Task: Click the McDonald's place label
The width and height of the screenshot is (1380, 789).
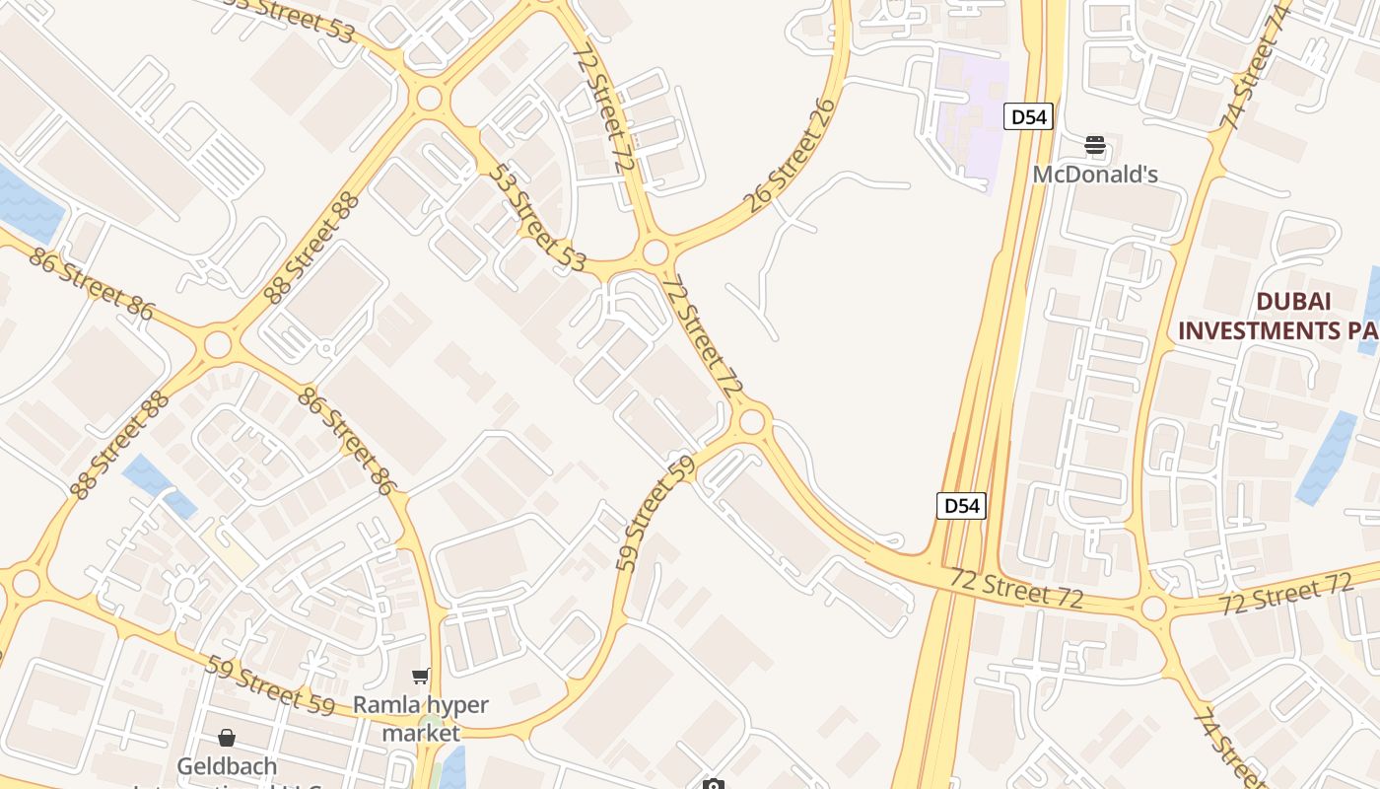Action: (x=1095, y=175)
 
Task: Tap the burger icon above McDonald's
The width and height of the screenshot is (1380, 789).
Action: (x=1095, y=146)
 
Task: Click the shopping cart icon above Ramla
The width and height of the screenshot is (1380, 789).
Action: (x=421, y=676)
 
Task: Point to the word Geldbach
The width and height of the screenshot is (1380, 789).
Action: (x=227, y=765)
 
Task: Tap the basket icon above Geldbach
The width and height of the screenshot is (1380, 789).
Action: (x=227, y=738)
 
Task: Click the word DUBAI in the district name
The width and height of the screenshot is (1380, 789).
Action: (x=1293, y=301)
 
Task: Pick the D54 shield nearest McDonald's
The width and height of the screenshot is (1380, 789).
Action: (x=1029, y=117)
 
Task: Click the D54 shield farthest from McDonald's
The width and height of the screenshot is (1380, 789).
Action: (x=961, y=506)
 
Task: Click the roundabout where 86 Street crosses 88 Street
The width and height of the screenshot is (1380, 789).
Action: (x=218, y=344)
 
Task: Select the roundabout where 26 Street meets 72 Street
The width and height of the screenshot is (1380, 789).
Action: (x=655, y=253)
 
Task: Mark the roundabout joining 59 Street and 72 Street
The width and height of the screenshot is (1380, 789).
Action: (x=752, y=422)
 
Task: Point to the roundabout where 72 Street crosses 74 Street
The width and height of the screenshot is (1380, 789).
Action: (x=1153, y=608)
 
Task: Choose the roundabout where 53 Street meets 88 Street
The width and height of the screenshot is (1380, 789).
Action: (x=429, y=98)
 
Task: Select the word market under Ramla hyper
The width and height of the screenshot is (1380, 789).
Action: (x=421, y=734)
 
